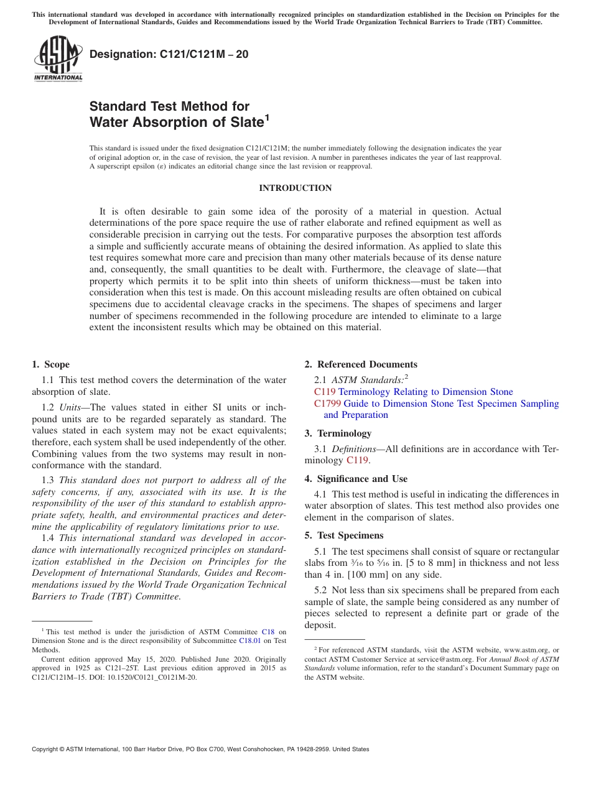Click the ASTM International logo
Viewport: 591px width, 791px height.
coord(58,59)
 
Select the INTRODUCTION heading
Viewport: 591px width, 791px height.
coord(295,188)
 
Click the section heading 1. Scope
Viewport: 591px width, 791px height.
coord(51,364)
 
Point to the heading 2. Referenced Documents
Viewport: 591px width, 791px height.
coord(361,364)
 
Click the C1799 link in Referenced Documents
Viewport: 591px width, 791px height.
coord(327,404)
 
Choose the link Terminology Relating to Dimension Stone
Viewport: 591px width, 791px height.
coord(426,392)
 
